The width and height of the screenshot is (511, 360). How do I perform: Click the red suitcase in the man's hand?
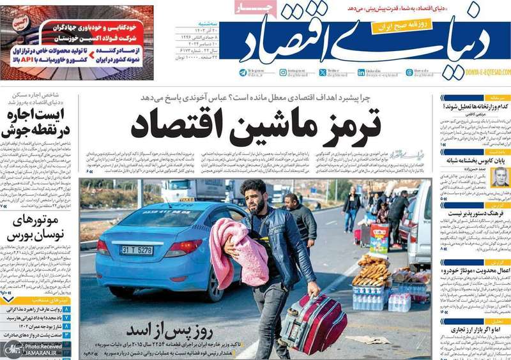coord(315,323)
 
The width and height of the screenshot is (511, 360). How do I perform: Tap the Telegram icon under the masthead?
coord(243,73)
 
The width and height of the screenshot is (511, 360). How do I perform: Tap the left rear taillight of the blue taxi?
coord(103,247)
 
